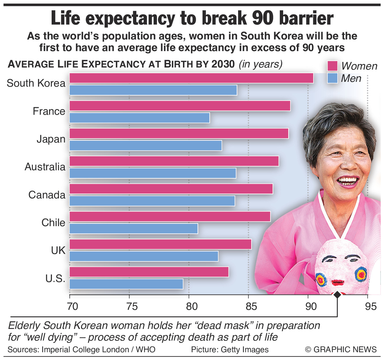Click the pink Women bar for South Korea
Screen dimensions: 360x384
191,78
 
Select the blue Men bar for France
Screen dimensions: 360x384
139,118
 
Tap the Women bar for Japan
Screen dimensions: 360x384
179,134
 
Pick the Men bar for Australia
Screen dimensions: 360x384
152,173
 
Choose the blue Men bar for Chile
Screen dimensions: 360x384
133,229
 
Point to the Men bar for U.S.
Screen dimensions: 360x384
126,284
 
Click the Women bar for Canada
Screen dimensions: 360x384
171,189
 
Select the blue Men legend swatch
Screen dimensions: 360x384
332,78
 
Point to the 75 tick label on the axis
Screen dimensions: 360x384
132,307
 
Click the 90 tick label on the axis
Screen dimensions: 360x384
311,307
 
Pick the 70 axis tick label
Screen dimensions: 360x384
72,307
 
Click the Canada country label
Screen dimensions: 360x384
47,195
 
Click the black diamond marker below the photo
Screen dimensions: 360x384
337,295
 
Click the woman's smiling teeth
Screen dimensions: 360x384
347,180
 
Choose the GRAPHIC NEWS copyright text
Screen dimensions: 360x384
341,350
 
